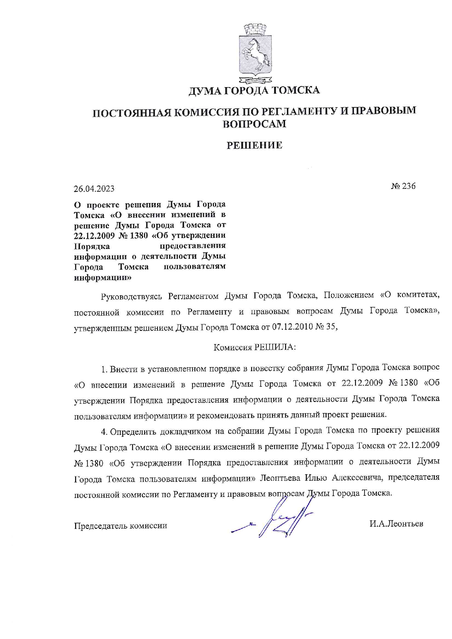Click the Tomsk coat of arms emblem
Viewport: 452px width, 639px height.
tap(254, 54)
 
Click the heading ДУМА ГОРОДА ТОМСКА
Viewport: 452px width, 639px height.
tap(254, 90)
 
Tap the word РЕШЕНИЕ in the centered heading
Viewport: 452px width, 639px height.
tap(254, 145)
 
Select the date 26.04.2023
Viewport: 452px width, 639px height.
tap(94, 189)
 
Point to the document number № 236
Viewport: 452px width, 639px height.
tap(403, 186)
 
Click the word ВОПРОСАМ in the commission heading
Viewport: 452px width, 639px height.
tap(254, 124)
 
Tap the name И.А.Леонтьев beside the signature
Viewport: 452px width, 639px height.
tap(396, 524)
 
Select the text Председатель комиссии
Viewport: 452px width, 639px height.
tap(121, 526)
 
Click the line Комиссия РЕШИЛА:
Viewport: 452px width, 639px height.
tap(254, 347)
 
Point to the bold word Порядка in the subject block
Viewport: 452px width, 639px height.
tap(92, 246)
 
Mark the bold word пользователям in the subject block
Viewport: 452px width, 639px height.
tap(194, 266)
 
